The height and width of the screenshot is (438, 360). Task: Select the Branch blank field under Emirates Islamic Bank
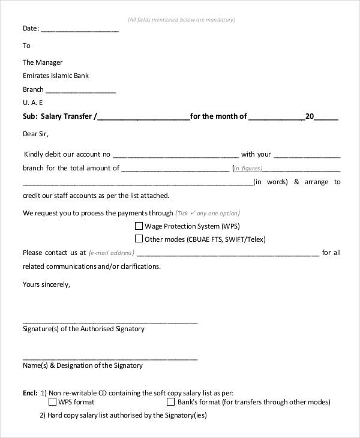tap(80, 91)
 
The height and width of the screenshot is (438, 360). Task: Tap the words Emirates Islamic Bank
tap(55, 76)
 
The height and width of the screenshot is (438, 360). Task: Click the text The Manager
tap(43, 62)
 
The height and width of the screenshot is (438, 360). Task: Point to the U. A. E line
tap(33, 103)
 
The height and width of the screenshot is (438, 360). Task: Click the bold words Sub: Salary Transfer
tap(57, 117)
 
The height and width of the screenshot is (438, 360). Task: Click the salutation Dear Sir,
tap(35, 133)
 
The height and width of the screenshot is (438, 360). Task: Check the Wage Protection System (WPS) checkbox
tap(139, 226)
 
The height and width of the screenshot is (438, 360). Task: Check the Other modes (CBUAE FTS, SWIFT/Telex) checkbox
tap(139, 239)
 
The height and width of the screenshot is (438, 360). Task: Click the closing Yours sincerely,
tap(46, 284)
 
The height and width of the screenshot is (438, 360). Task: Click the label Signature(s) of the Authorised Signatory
tap(83, 329)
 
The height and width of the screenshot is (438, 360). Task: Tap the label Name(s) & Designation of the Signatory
tap(83, 365)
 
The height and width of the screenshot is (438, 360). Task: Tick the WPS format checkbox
tap(53, 401)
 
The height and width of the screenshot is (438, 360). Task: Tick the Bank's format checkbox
tap(171, 401)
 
